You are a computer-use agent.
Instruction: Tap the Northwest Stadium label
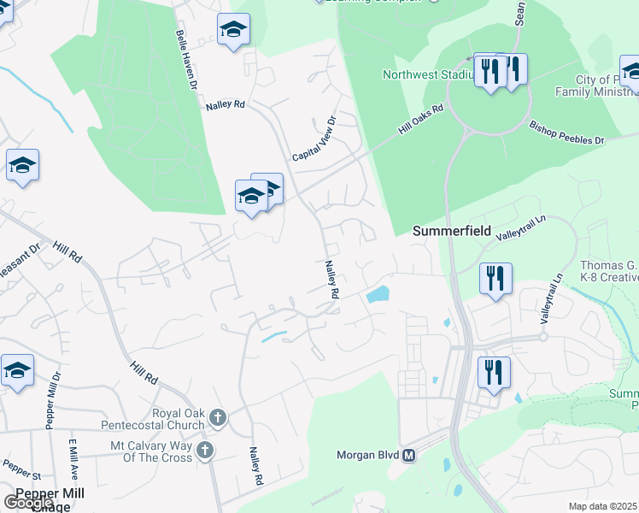pyautogui.click(x=427, y=74)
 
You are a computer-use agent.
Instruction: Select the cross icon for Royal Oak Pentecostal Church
pyautogui.click(x=218, y=417)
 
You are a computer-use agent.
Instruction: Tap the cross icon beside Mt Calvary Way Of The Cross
pyautogui.click(x=205, y=449)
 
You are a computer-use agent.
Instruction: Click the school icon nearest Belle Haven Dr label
pyautogui.click(x=232, y=31)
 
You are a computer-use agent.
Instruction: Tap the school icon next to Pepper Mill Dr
pyautogui.click(x=17, y=371)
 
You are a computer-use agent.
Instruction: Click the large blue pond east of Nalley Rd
pyautogui.click(x=377, y=296)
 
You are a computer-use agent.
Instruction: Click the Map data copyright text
pyautogui.click(x=603, y=506)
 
